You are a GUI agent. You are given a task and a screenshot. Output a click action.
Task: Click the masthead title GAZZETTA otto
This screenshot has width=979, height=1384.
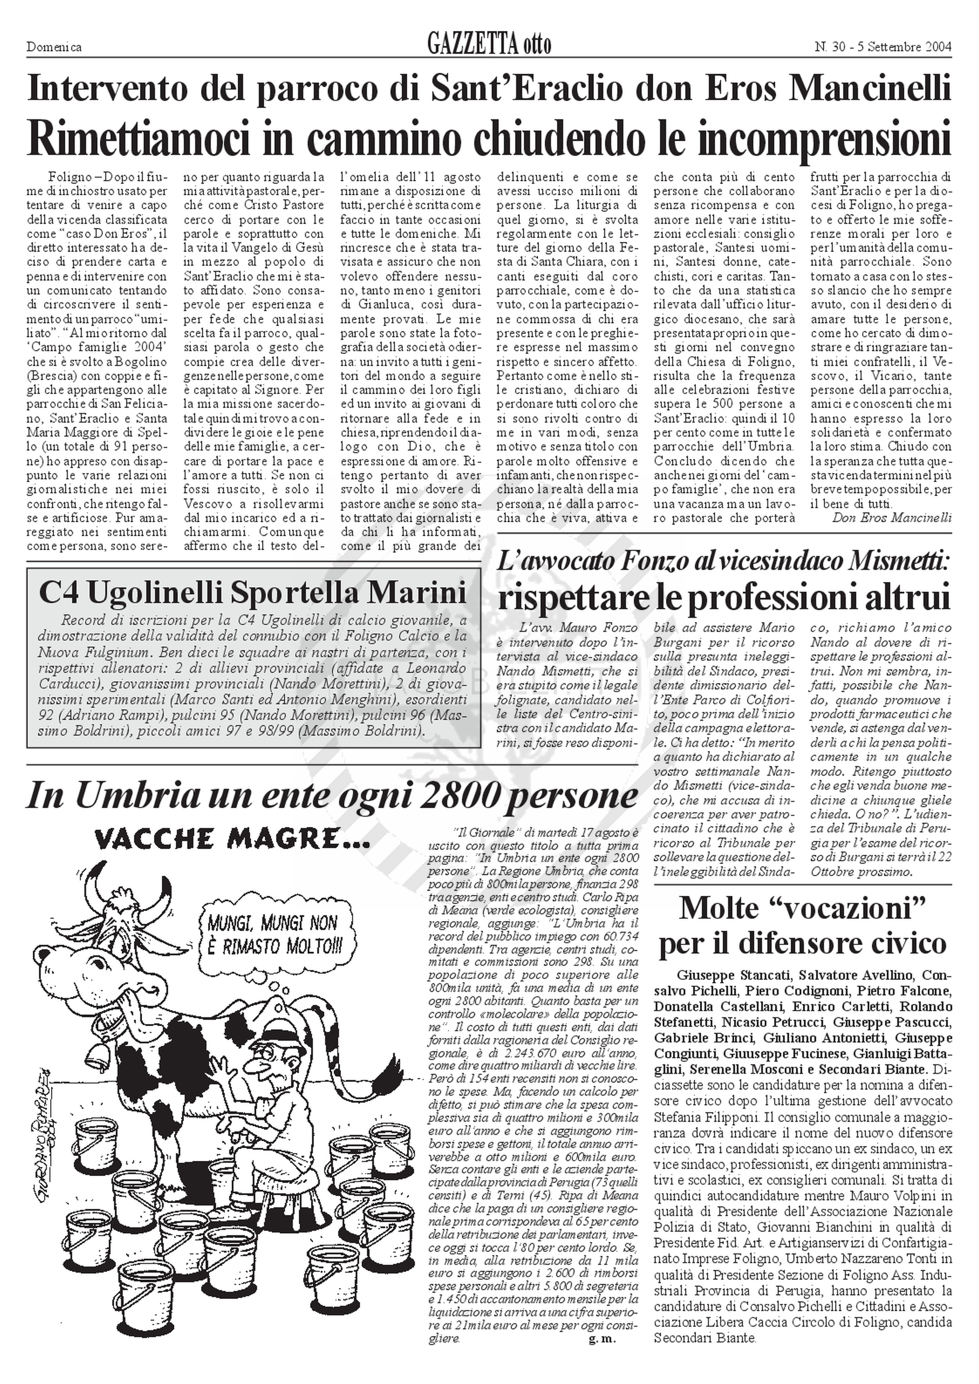[x=489, y=45]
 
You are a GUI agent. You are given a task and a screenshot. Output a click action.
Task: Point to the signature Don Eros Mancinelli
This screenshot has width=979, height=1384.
[x=892, y=517]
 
